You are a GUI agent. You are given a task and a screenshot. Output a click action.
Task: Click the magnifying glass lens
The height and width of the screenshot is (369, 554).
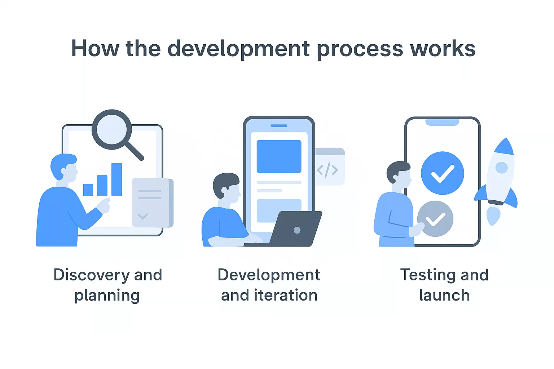(112, 129)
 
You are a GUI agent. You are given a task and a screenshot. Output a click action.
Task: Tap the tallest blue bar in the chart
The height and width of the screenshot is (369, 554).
(116, 179)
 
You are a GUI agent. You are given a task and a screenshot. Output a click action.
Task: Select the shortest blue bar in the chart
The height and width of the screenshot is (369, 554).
(88, 190)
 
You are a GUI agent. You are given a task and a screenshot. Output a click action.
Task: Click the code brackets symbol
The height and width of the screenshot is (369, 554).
(327, 170)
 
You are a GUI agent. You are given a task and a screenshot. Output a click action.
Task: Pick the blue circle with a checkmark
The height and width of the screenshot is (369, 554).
(443, 173)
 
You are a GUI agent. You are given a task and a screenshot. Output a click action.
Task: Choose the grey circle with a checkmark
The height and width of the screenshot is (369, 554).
(436, 219)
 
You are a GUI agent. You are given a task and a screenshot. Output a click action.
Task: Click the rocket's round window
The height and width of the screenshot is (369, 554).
(501, 168)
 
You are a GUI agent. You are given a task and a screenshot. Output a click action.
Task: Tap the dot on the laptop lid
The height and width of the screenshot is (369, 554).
(297, 230)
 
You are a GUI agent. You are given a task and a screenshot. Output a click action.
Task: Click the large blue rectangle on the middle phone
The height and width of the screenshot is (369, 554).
(279, 156)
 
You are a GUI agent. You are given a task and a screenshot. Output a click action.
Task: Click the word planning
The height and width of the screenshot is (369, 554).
(107, 296)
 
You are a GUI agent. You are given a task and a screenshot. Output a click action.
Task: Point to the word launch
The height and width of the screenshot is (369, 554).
(444, 295)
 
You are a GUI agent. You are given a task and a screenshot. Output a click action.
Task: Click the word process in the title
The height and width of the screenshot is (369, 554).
(360, 49)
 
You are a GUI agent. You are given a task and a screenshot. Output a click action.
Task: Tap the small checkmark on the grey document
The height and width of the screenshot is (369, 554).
(143, 216)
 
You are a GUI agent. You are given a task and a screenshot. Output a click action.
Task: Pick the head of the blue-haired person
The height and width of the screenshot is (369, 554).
(64, 167)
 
